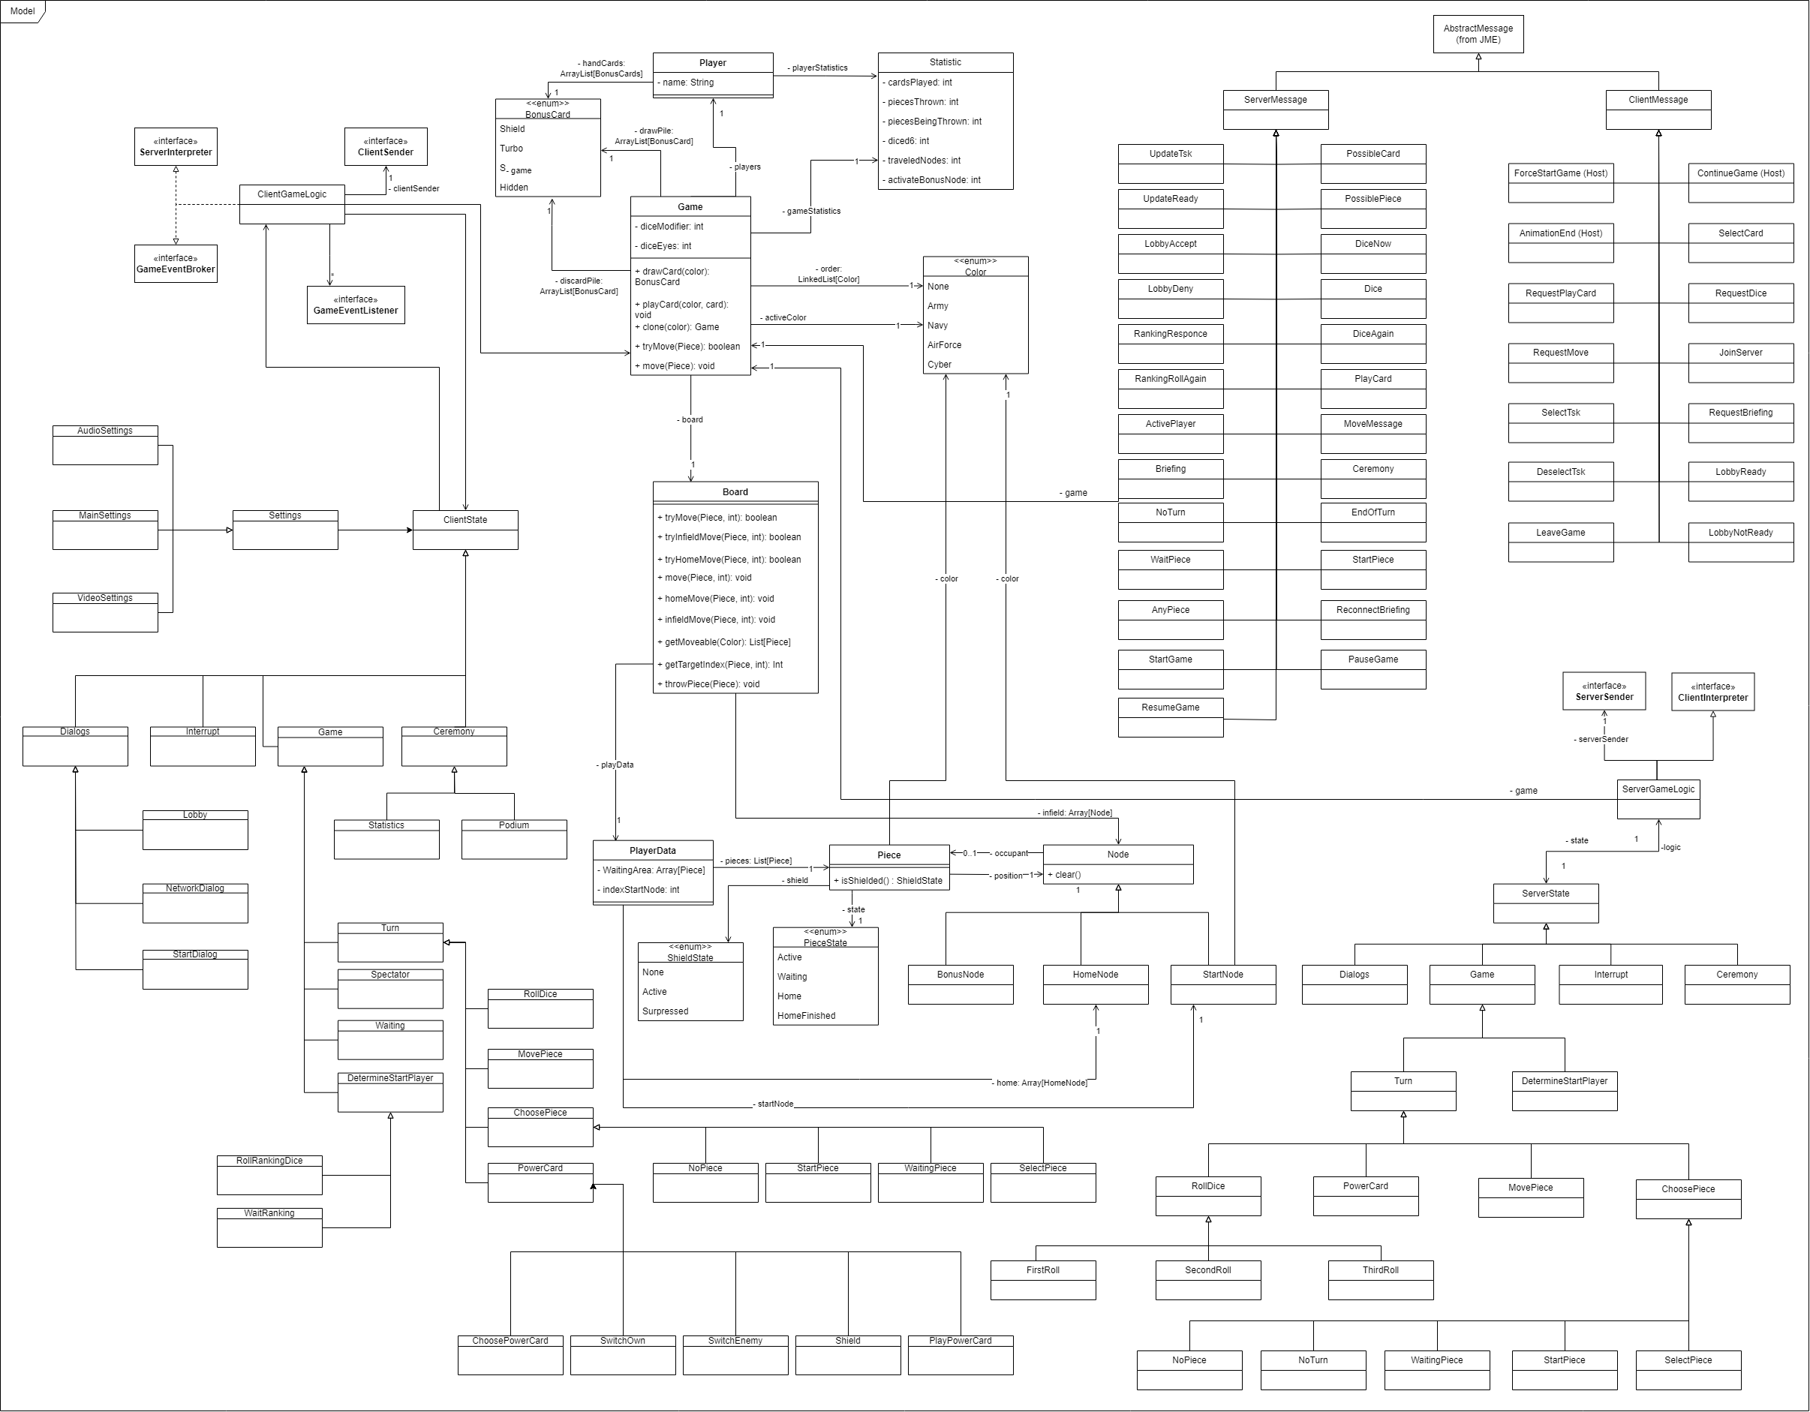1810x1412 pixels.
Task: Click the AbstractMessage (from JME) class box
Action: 1478,34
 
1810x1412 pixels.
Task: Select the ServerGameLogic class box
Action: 1658,799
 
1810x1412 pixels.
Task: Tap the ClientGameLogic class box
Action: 292,204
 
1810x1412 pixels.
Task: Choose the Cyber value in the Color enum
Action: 939,365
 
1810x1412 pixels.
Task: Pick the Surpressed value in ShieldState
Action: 665,1011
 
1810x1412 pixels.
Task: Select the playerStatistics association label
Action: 819,68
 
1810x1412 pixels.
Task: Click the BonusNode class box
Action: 961,984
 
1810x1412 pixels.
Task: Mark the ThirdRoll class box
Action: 1380,1279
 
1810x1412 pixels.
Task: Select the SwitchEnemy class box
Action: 735,1354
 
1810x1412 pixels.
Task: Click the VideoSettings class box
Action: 105,611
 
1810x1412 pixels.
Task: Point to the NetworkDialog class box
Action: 195,903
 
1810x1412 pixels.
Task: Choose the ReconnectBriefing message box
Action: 1373,619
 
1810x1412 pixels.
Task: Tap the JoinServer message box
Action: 1740,362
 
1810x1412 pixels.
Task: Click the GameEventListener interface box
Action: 356,305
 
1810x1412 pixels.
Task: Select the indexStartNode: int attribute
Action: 641,890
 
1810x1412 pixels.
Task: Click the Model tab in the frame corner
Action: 23,11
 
